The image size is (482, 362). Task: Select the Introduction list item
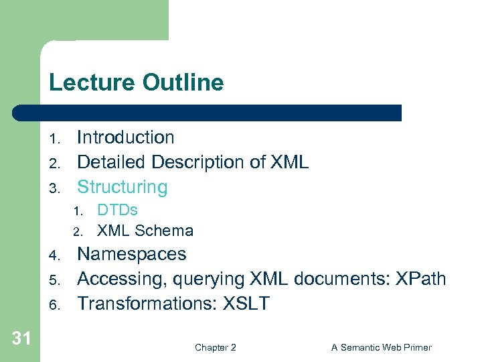[125, 137]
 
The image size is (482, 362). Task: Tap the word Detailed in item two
[112, 162]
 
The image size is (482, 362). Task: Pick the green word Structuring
[122, 187]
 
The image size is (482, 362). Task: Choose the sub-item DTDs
[117, 210]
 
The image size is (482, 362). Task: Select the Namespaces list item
[132, 255]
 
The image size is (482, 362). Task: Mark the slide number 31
[21, 339]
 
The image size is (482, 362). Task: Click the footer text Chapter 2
[215, 347]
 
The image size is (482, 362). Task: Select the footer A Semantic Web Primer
[381, 347]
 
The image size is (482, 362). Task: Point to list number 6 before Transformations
[54, 305]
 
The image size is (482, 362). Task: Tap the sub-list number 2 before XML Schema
[77, 233]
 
